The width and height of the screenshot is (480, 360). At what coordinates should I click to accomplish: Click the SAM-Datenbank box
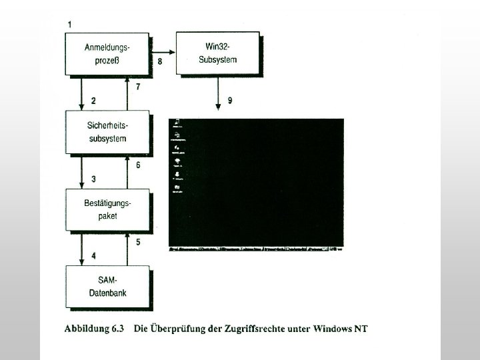pos(107,286)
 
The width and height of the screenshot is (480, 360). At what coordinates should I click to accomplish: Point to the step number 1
pos(70,24)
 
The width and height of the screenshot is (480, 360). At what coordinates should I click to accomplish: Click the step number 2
pos(94,101)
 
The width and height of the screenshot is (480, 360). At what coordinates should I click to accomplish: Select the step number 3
pos(94,179)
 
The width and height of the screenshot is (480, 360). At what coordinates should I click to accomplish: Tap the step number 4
pos(94,255)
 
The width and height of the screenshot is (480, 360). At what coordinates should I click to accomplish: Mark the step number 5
pos(138,243)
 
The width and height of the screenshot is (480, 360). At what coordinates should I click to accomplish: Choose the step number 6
pos(138,165)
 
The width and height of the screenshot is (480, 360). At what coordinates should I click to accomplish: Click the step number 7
pos(138,87)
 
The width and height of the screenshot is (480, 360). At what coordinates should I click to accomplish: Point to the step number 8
pos(160,61)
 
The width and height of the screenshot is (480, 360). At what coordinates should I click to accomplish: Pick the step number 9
pos(230,101)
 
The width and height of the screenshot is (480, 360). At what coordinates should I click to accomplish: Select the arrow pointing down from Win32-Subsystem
pos(219,93)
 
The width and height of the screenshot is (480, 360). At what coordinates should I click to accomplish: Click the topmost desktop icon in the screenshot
pos(177,123)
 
